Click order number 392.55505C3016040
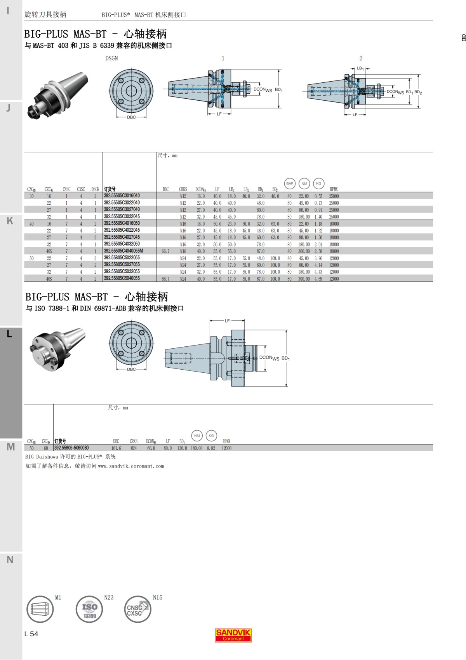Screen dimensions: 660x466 (122, 196)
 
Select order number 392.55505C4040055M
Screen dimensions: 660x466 (123, 251)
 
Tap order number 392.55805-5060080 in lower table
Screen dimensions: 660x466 (71, 448)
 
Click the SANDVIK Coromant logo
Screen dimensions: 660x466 (233, 635)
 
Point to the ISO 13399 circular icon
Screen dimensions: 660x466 (89, 609)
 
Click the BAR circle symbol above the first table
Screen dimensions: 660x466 (290, 183)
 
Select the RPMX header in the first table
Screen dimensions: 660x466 (334, 189)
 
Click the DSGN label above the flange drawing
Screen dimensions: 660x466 (111, 58)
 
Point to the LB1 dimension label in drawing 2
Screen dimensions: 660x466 (360, 68)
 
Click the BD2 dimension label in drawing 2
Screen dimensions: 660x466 (418, 92)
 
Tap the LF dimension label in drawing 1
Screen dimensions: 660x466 (219, 114)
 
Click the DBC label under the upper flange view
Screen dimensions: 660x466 (131, 117)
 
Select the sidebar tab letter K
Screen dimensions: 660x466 (10, 221)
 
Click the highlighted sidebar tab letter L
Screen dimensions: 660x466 (10, 334)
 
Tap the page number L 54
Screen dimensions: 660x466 (31, 634)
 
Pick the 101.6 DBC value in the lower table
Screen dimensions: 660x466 (116, 448)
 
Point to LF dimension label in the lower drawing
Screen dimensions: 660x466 (227, 321)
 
